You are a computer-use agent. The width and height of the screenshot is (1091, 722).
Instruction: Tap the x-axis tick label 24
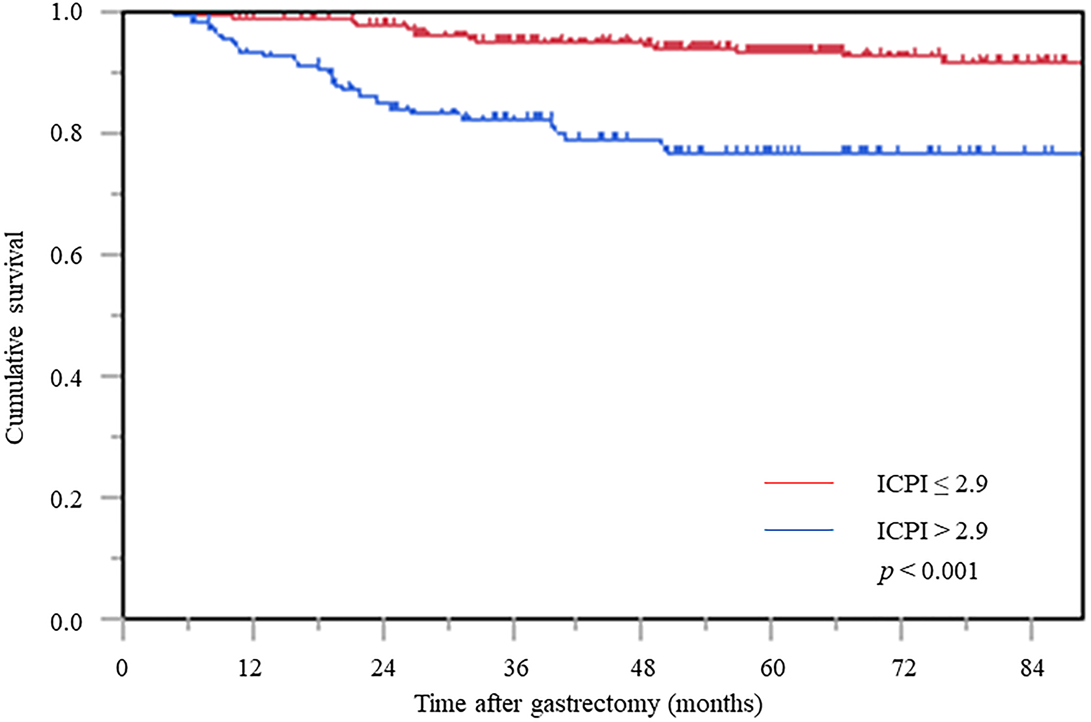pyautogui.click(x=383, y=668)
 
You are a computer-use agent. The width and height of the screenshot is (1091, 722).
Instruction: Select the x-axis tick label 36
pyautogui.click(x=515, y=668)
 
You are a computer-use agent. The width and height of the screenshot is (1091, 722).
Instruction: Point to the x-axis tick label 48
pyautogui.click(x=643, y=668)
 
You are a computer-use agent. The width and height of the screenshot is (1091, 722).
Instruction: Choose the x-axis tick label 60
pyautogui.click(x=772, y=668)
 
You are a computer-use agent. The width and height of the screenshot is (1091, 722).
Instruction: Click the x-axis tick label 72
pyautogui.click(x=903, y=668)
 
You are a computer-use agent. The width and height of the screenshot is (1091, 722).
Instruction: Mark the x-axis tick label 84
pyautogui.click(x=1032, y=668)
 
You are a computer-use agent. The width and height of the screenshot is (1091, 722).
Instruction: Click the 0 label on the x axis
pyautogui.click(x=122, y=668)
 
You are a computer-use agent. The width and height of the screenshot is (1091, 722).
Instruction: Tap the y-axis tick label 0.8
pyautogui.click(x=66, y=133)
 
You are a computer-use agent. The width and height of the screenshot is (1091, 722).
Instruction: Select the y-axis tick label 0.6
pyautogui.click(x=66, y=255)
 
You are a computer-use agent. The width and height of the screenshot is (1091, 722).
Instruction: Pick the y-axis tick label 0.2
pyautogui.click(x=66, y=499)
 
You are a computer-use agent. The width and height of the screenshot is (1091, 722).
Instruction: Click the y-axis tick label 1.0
pyautogui.click(x=66, y=12)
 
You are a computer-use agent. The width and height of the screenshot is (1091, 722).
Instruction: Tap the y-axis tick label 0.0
pyautogui.click(x=66, y=622)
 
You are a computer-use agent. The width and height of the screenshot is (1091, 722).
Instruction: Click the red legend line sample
pyautogui.click(x=799, y=483)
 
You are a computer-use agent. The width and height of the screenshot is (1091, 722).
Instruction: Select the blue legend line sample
pyautogui.click(x=799, y=530)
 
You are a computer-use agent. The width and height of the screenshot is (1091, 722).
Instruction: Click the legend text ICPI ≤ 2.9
pyautogui.click(x=932, y=484)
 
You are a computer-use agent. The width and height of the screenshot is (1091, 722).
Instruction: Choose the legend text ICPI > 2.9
pyautogui.click(x=932, y=531)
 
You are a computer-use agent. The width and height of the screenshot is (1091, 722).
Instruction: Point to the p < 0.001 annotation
pyautogui.click(x=928, y=572)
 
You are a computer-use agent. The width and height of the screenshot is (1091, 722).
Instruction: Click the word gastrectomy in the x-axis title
pyautogui.click(x=595, y=704)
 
